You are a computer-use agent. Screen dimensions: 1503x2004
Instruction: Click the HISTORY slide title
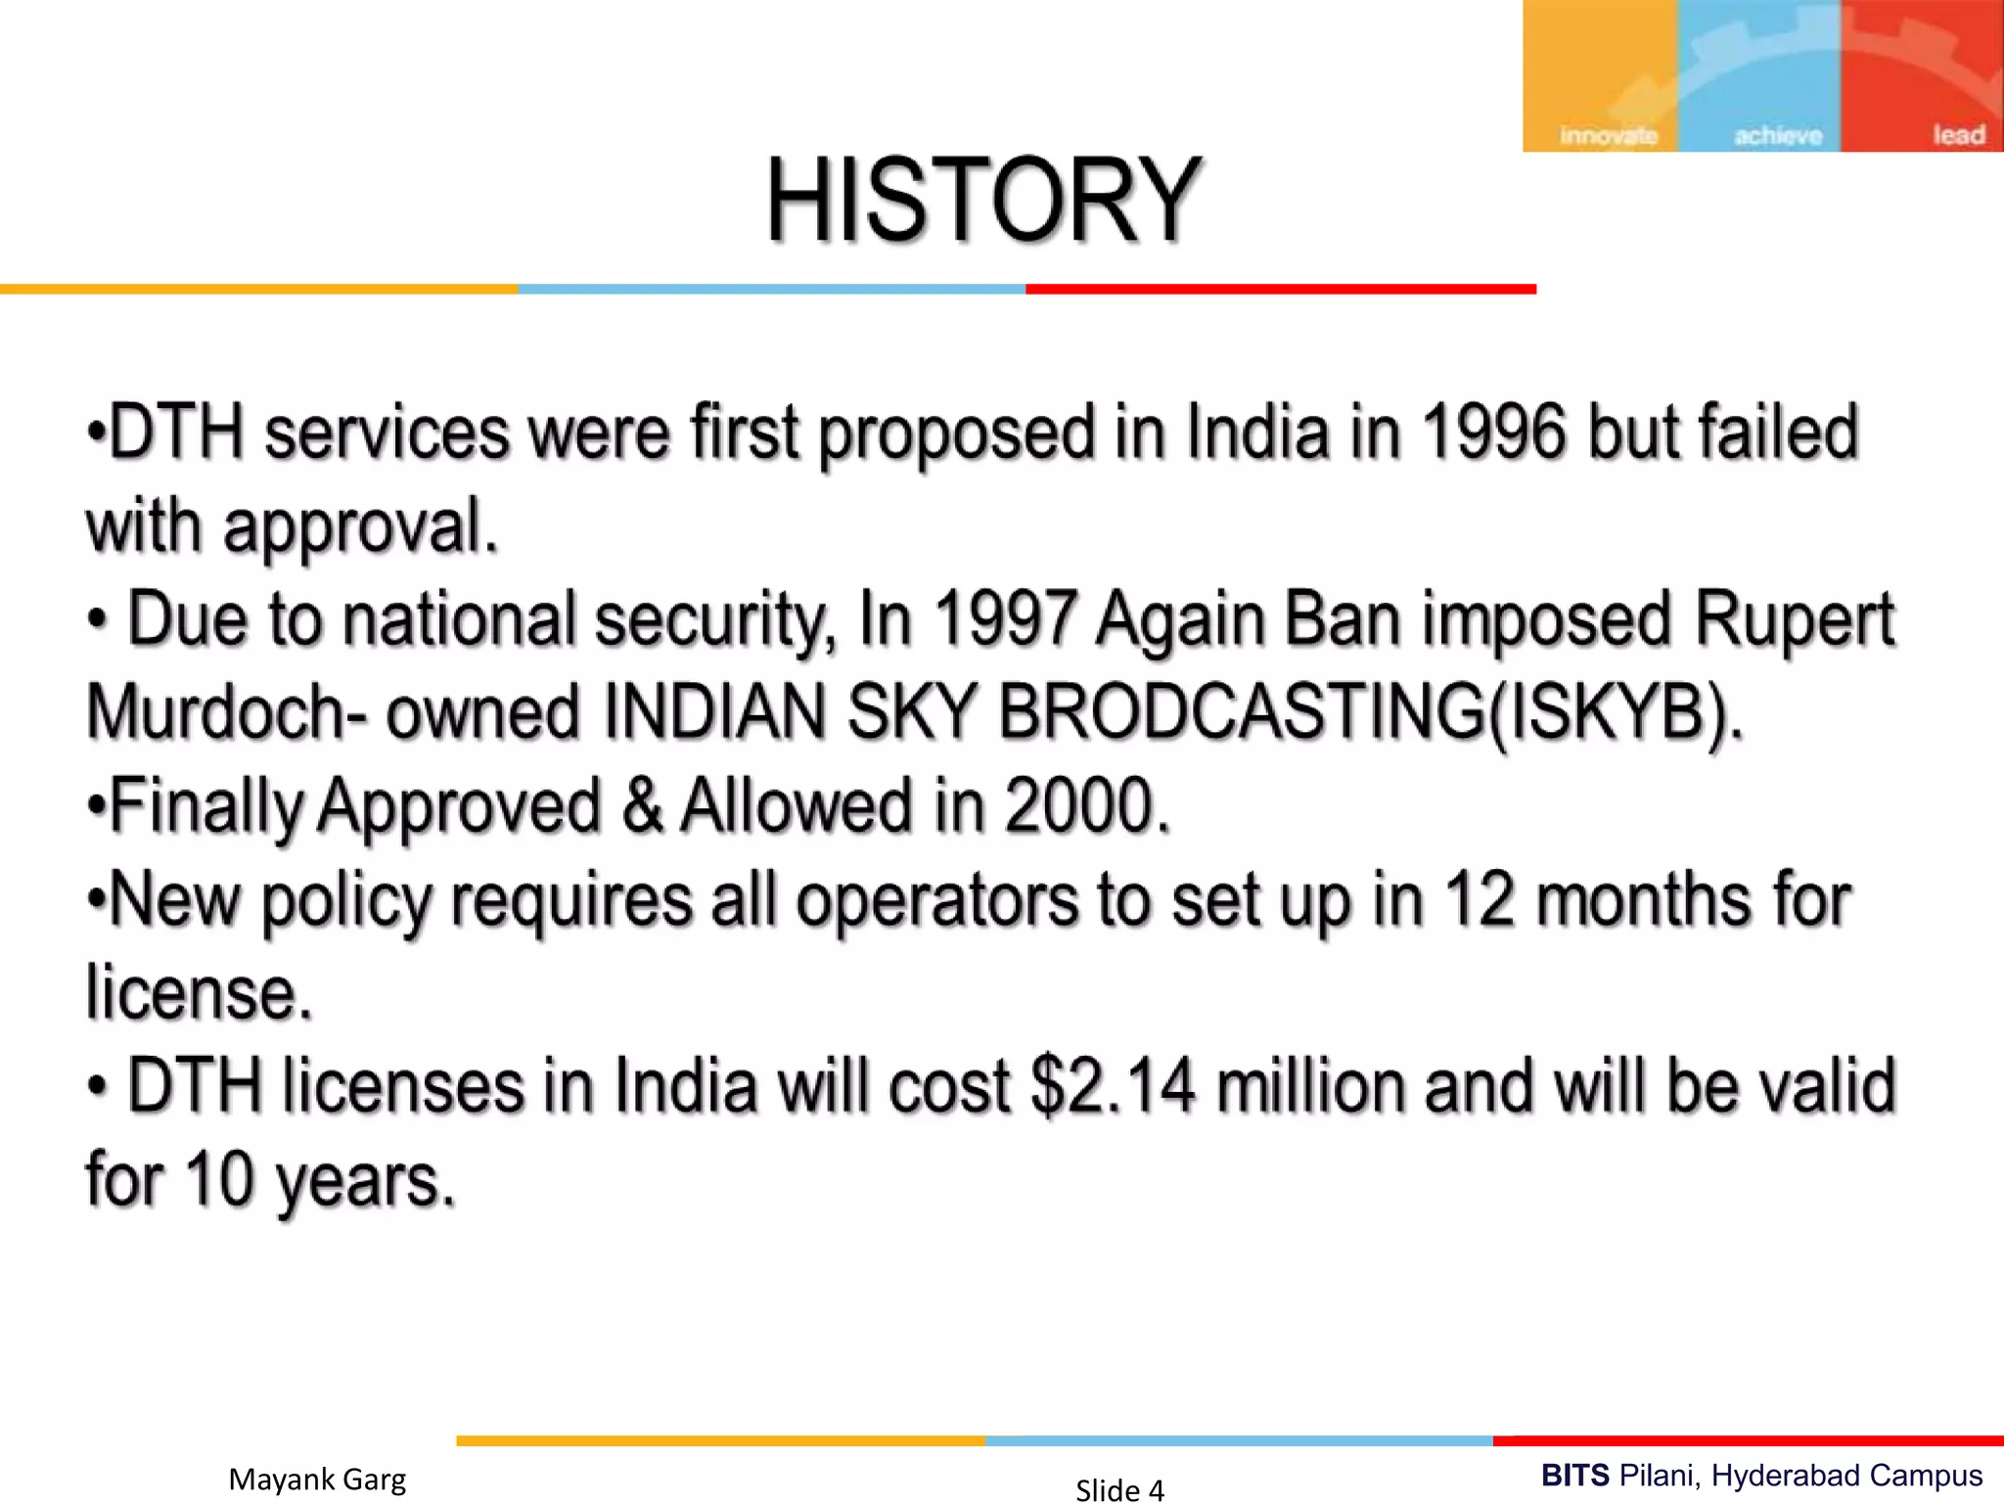coord(982,201)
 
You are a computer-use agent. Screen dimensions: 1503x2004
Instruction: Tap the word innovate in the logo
coord(1608,135)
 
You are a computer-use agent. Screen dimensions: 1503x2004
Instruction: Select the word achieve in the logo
coord(1778,135)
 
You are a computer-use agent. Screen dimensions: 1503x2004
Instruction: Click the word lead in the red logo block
coord(1958,134)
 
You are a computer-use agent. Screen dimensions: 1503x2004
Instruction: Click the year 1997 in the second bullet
coord(1004,618)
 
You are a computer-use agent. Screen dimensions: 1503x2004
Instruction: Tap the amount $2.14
coord(1114,1086)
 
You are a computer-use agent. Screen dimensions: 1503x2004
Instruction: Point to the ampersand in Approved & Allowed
coord(641,805)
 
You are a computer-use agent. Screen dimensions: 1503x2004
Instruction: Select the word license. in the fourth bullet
coord(199,992)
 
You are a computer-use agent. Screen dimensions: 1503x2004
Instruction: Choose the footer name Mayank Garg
coord(317,1479)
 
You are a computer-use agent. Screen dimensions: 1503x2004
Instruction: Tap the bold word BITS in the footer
coord(1574,1475)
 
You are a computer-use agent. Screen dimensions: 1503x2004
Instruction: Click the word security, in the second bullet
coord(714,620)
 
